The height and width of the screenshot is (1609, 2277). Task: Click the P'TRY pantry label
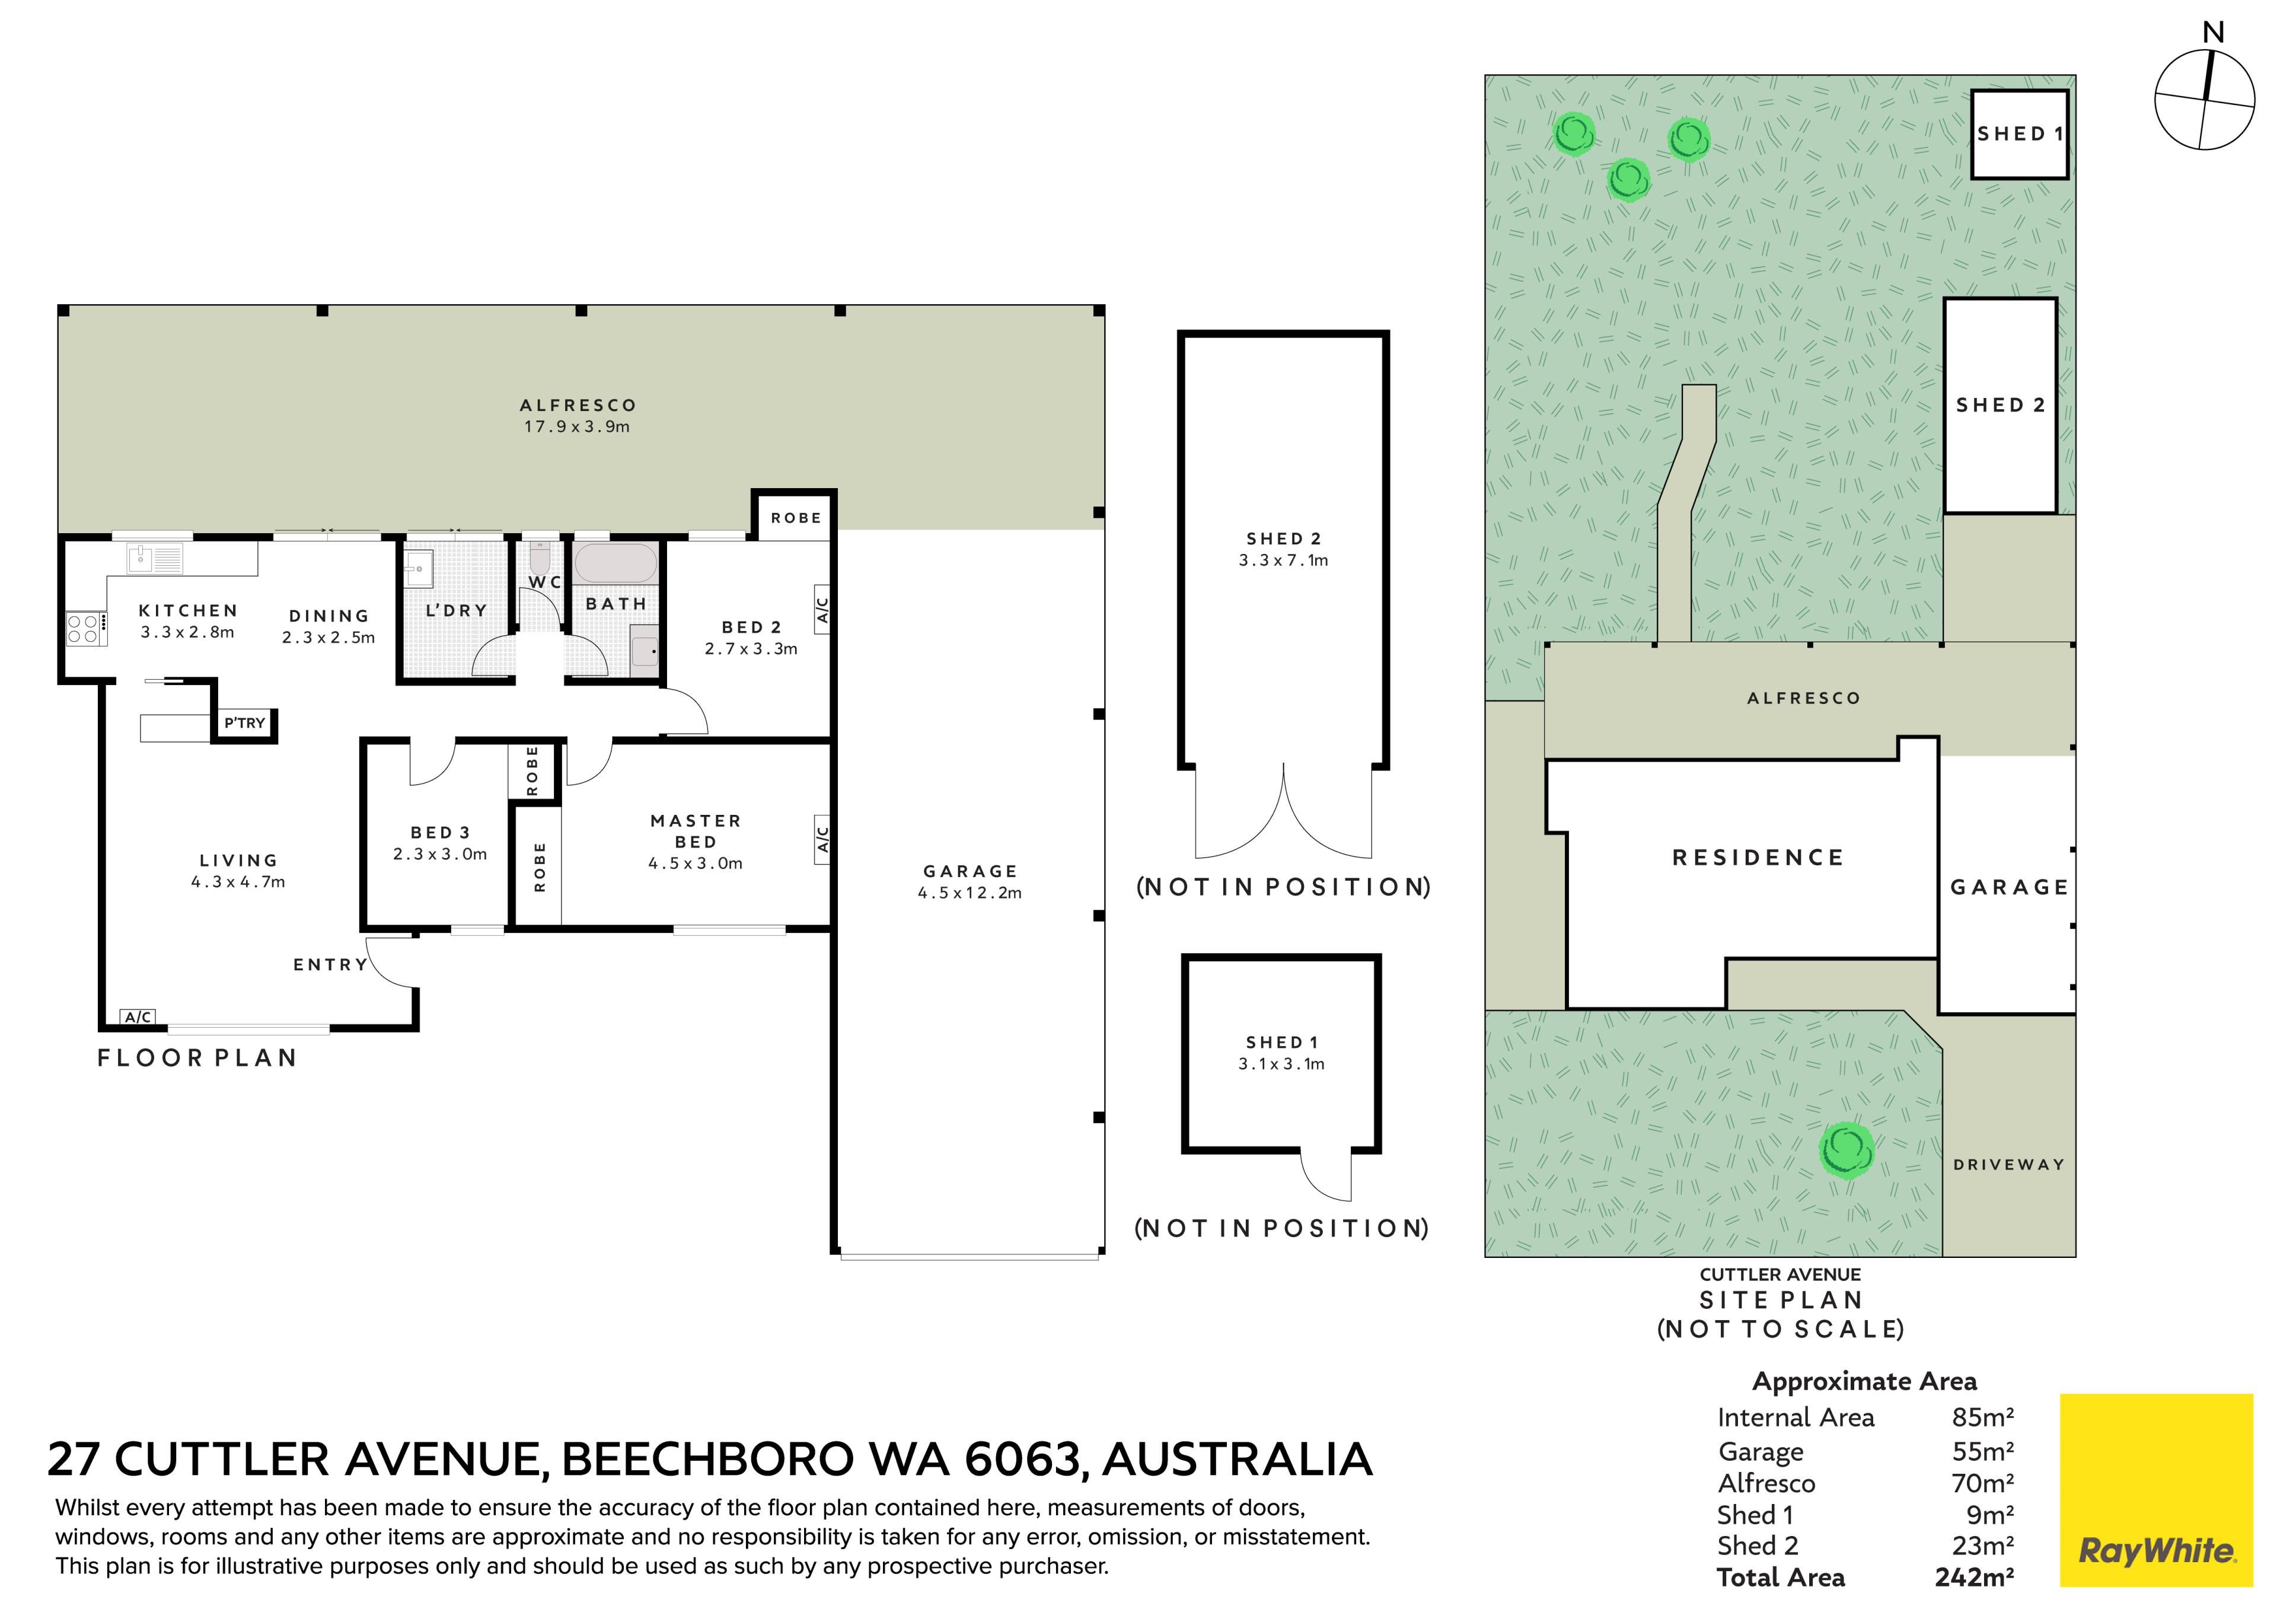click(244, 723)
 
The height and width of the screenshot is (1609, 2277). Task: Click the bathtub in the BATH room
click(615, 562)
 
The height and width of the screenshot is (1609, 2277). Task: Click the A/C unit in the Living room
click(138, 1017)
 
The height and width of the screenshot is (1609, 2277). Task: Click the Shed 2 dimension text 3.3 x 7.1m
click(1283, 560)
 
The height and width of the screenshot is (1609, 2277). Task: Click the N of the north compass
click(2212, 33)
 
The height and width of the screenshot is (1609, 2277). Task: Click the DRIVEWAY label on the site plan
click(2009, 1165)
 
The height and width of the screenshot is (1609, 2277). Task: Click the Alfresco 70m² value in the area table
click(1982, 1483)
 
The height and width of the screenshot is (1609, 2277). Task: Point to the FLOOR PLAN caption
click(197, 1059)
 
